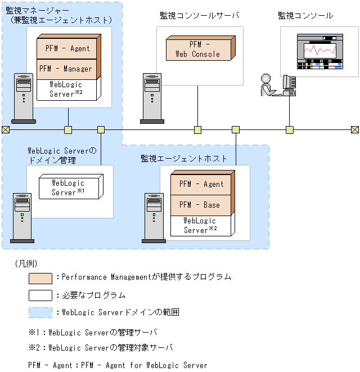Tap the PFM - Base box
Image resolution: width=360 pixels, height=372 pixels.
[201, 205]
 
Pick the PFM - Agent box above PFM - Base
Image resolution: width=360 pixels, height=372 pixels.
[201, 184]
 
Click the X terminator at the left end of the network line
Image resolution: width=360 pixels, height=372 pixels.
[5, 130]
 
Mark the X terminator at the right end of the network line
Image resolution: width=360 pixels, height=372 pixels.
[355, 130]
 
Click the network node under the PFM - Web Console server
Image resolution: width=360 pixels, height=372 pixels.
[197, 130]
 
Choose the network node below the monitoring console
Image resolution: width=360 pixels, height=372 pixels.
[289, 130]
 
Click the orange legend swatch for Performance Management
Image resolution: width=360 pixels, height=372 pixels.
[40, 277]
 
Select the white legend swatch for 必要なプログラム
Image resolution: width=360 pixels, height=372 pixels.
[40, 295]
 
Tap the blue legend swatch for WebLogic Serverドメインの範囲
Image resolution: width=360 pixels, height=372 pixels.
[40, 312]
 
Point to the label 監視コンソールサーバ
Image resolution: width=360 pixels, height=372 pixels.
[199, 16]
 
